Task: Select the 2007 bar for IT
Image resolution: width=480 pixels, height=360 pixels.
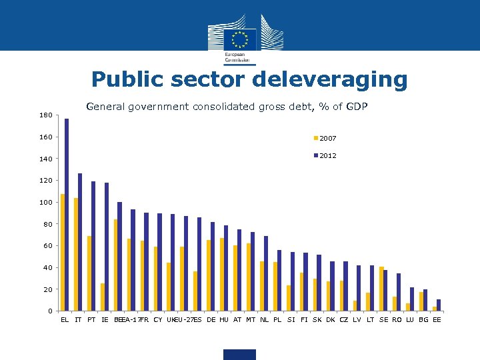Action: pyautogui.click(x=76, y=254)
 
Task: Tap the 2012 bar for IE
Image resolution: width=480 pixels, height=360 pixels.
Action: pyautogui.click(x=107, y=247)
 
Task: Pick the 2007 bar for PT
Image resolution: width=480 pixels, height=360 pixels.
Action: pyautogui.click(x=89, y=273)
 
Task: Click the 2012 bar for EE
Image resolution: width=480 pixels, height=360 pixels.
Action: pyautogui.click(x=439, y=305)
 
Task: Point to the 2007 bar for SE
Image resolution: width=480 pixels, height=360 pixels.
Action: pyautogui.click(x=381, y=289)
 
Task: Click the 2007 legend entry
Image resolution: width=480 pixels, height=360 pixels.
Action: pyautogui.click(x=325, y=139)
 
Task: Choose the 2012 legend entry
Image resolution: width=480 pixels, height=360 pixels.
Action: pyautogui.click(x=325, y=155)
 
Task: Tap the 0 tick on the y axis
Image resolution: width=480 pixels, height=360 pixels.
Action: pyautogui.click(x=49, y=311)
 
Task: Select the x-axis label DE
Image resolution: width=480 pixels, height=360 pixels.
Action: pyautogui.click(x=211, y=320)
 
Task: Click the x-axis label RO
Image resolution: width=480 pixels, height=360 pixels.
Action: pyautogui.click(x=397, y=320)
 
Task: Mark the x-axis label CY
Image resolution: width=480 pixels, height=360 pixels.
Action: pyautogui.click(x=157, y=320)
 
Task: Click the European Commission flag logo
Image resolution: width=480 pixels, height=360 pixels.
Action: pyautogui.click(x=239, y=38)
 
